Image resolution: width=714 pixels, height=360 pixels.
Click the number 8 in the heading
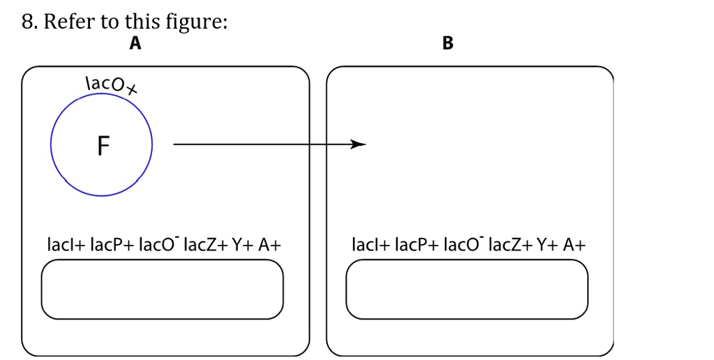[27, 22]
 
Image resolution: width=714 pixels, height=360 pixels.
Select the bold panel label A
[135, 44]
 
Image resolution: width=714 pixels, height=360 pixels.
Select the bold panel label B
[448, 44]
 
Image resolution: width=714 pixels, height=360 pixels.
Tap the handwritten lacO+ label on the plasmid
[110, 84]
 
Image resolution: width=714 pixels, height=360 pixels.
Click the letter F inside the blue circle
[102, 146]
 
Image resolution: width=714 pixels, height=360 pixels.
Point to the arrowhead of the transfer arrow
[358, 144]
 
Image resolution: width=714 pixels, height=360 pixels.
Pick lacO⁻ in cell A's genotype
[160, 245]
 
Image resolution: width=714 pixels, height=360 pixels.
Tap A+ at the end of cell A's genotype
[269, 245]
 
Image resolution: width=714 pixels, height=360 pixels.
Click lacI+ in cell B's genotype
[370, 245]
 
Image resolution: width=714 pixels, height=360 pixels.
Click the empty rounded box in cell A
[162, 289]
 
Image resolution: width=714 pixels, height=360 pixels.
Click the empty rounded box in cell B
[466, 289]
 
